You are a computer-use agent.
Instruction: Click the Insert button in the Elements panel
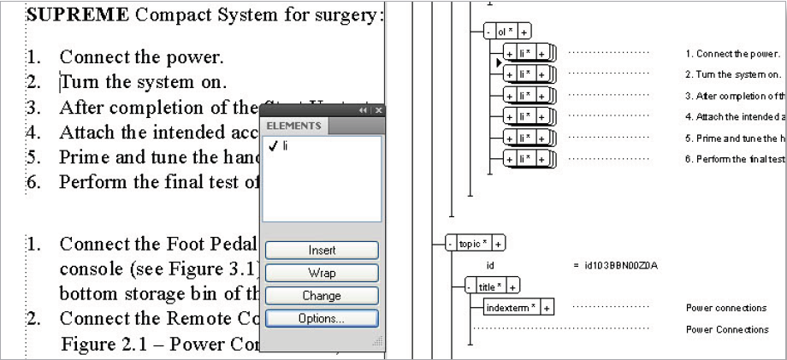(321, 251)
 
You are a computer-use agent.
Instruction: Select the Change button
(321, 296)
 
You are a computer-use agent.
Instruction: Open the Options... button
(321, 318)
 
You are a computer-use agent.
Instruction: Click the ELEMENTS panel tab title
(293, 127)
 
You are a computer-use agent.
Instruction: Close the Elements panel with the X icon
(378, 110)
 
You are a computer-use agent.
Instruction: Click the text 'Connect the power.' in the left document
(141, 59)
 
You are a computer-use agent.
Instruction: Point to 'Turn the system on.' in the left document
(143, 83)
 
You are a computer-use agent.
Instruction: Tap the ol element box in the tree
(504, 32)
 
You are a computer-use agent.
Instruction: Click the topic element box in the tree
(470, 244)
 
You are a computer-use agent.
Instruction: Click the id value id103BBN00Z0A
(615, 265)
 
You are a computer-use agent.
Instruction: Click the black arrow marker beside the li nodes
(497, 62)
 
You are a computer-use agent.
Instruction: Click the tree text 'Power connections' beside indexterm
(726, 308)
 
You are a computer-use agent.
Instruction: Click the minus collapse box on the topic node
(450, 244)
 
